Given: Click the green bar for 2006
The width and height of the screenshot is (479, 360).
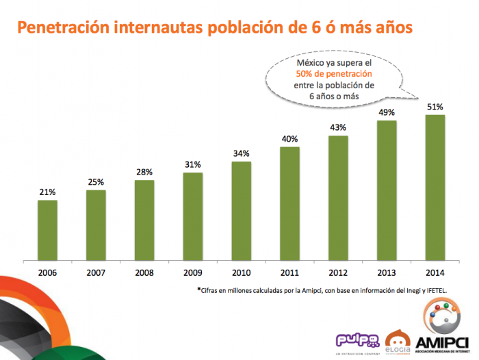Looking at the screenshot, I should pyautogui.click(x=47, y=230).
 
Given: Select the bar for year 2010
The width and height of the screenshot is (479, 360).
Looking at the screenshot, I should pyautogui.click(x=242, y=211).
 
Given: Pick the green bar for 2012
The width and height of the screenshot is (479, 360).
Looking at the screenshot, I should pyautogui.click(x=338, y=198).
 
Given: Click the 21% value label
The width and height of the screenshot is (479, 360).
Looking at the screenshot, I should pyautogui.click(x=47, y=192).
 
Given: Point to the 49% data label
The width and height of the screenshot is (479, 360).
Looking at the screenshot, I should pyautogui.click(x=387, y=112).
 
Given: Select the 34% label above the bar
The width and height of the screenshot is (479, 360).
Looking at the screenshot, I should pyautogui.click(x=242, y=153).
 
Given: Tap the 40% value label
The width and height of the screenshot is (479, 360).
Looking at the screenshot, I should pyautogui.click(x=289, y=139).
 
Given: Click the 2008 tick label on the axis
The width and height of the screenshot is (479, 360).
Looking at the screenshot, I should pyautogui.click(x=144, y=272).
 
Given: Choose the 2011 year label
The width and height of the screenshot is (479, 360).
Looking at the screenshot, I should pyautogui.click(x=289, y=272).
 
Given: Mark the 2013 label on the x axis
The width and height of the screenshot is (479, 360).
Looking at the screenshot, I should pyautogui.click(x=387, y=272).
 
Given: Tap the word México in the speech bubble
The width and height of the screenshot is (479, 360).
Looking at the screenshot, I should pyautogui.click(x=311, y=62).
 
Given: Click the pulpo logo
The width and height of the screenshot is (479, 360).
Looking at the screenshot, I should pyautogui.click(x=356, y=340).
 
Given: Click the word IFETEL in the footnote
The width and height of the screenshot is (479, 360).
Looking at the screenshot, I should pyautogui.click(x=432, y=290).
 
